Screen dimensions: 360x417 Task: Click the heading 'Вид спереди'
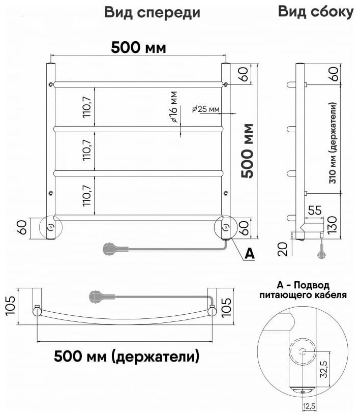152,13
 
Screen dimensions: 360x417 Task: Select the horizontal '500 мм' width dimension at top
138,47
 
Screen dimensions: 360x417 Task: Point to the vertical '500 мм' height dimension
249,151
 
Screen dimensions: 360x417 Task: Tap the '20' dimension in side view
284,249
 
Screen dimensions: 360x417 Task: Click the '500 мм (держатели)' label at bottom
127,356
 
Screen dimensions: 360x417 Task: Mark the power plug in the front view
110,248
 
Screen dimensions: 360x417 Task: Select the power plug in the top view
97,296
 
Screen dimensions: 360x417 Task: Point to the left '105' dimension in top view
10,306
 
